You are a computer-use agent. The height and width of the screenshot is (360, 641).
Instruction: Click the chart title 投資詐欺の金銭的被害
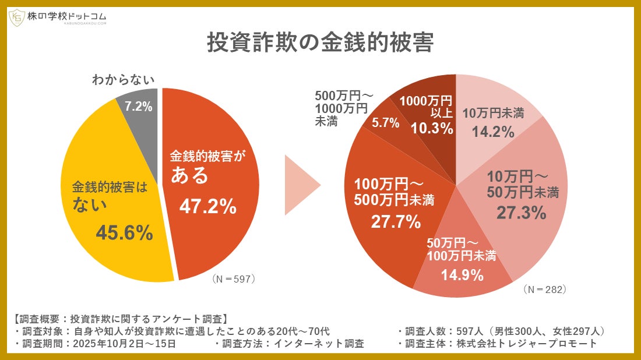(320, 44)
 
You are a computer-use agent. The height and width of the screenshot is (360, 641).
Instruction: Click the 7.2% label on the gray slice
(138, 107)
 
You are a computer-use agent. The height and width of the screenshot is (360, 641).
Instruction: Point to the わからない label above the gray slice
(123, 80)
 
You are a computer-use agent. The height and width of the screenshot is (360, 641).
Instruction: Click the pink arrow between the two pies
(301, 185)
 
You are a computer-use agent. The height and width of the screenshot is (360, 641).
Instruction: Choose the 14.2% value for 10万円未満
(492, 132)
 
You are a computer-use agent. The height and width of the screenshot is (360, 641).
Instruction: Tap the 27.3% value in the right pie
(521, 213)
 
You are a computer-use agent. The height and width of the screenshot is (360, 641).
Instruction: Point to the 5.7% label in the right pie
(386, 122)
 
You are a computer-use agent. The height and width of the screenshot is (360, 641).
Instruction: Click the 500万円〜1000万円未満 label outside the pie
(341, 108)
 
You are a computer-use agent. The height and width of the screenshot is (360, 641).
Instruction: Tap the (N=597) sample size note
(234, 278)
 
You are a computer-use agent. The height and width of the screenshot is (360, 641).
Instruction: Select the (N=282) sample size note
(544, 289)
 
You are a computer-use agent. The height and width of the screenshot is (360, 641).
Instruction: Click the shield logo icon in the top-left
(16, 17)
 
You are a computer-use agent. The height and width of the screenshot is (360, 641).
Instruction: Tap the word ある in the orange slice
(189, 175)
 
